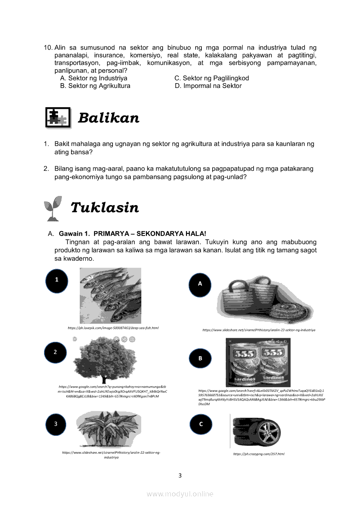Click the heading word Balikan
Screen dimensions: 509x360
point(109,118)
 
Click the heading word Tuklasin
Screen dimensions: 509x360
point(105,208)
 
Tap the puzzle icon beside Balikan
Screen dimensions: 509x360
point(58,117)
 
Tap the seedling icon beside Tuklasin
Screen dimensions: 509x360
point(54,208)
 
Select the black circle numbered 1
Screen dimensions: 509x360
point(57,280)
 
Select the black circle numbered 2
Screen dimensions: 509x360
point(55,353)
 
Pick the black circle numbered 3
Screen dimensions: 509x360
point(56,424)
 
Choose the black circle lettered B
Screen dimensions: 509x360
point(200,358)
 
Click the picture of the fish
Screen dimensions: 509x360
point(110,296)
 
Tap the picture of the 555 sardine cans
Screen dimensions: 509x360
point(258,362)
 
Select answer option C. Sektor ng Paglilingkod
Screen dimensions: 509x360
point(211,78)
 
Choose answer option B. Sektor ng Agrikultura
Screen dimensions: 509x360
point(95,86)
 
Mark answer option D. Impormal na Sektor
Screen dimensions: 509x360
point(208,86)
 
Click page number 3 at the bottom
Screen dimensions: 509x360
point(180,475)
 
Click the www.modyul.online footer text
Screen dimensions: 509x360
point(180,494)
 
